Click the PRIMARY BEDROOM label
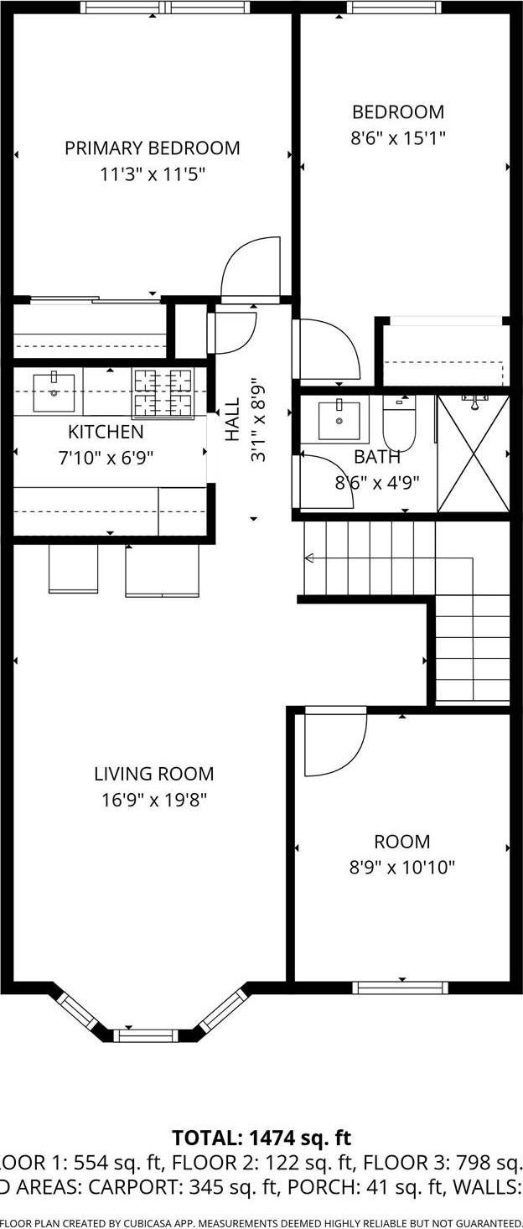(152, 148)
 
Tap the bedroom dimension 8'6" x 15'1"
(397, 137)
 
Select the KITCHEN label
(106, 433)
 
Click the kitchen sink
(54, 392)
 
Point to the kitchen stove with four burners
(163, 392)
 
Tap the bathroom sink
(339, 419)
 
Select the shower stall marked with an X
(474, 454)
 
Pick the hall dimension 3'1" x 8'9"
(259, 419)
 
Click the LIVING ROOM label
(153, 774)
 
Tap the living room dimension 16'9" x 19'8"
(153, 800)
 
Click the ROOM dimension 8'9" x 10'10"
(401, 867)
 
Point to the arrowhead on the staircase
(308, 558)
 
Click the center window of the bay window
(146, 1035)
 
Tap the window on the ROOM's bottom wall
(401, 988)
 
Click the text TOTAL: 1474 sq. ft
(261, 1138)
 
